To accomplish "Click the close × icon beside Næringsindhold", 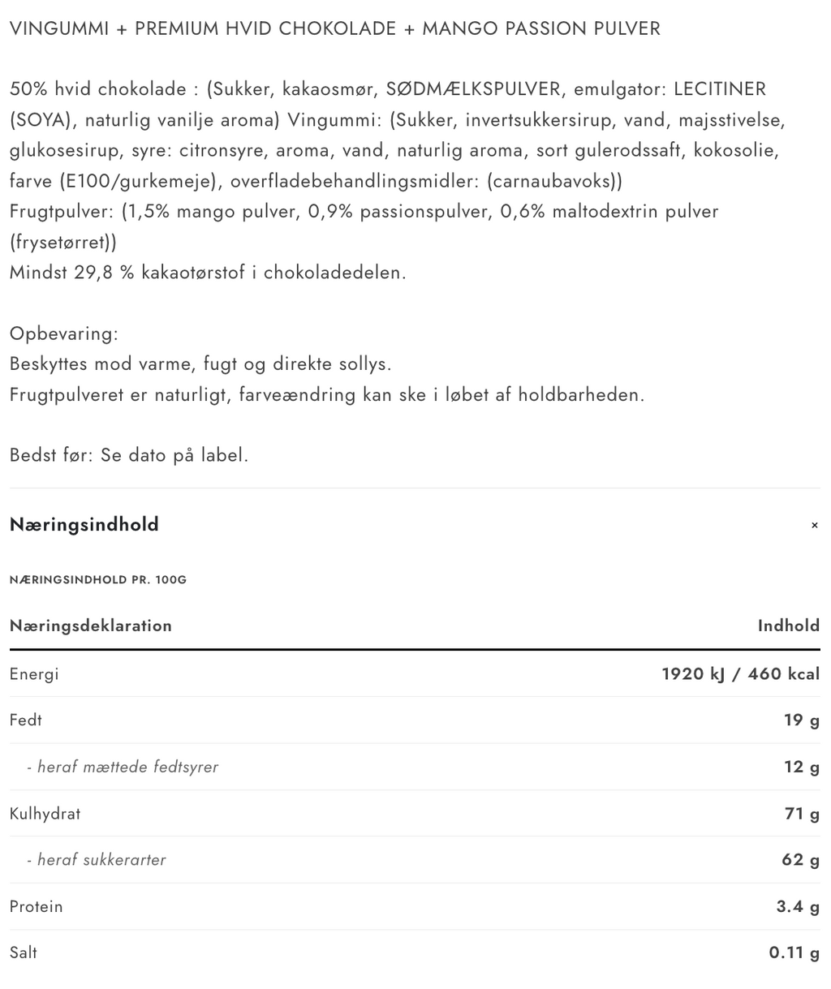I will (x=814, y=526).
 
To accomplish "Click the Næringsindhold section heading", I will (x=84, y=525).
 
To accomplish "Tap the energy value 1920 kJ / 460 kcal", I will (x=740, y=673).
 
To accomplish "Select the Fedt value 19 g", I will (x=801, y=720).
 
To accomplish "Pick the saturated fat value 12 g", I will (x=801, y=767).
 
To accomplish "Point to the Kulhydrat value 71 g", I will (x=802, y=813).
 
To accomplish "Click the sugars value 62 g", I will (x=800, y=859).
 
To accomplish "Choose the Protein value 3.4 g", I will (x=798, y=906).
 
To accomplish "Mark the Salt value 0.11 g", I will (x=794, y=952).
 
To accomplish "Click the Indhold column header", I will (x=788, y=626).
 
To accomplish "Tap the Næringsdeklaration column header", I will (x=91, y=626).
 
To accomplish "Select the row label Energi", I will (x=34, y=673).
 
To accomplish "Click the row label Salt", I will (x=24, y=952).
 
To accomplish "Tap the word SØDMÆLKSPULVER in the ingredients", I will (x=473, y=89).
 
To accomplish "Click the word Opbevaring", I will (x=64, y=333).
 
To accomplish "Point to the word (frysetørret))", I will (x=63, y=242).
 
